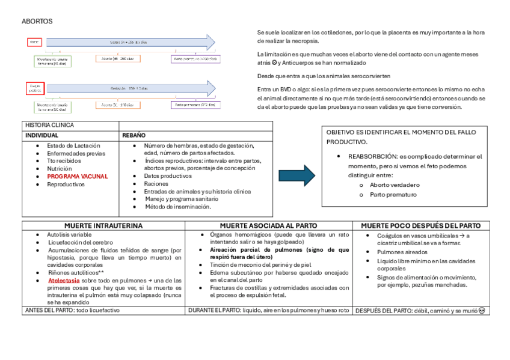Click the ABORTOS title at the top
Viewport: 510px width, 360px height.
(x=37, y=22)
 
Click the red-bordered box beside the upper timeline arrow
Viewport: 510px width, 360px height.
(x=34, y=43)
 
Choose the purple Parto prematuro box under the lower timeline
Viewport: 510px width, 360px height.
(x=195, y=104)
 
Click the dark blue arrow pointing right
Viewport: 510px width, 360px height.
(x=296, y=175)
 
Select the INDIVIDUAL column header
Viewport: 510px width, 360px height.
(x=41, y=135)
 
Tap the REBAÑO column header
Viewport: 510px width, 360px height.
(x=134, y=135)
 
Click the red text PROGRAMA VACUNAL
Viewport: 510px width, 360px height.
(x=78, y=177)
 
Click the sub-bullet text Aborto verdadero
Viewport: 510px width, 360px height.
(x=395, y=185)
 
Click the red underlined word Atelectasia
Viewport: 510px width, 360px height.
(x=64, y=280)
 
